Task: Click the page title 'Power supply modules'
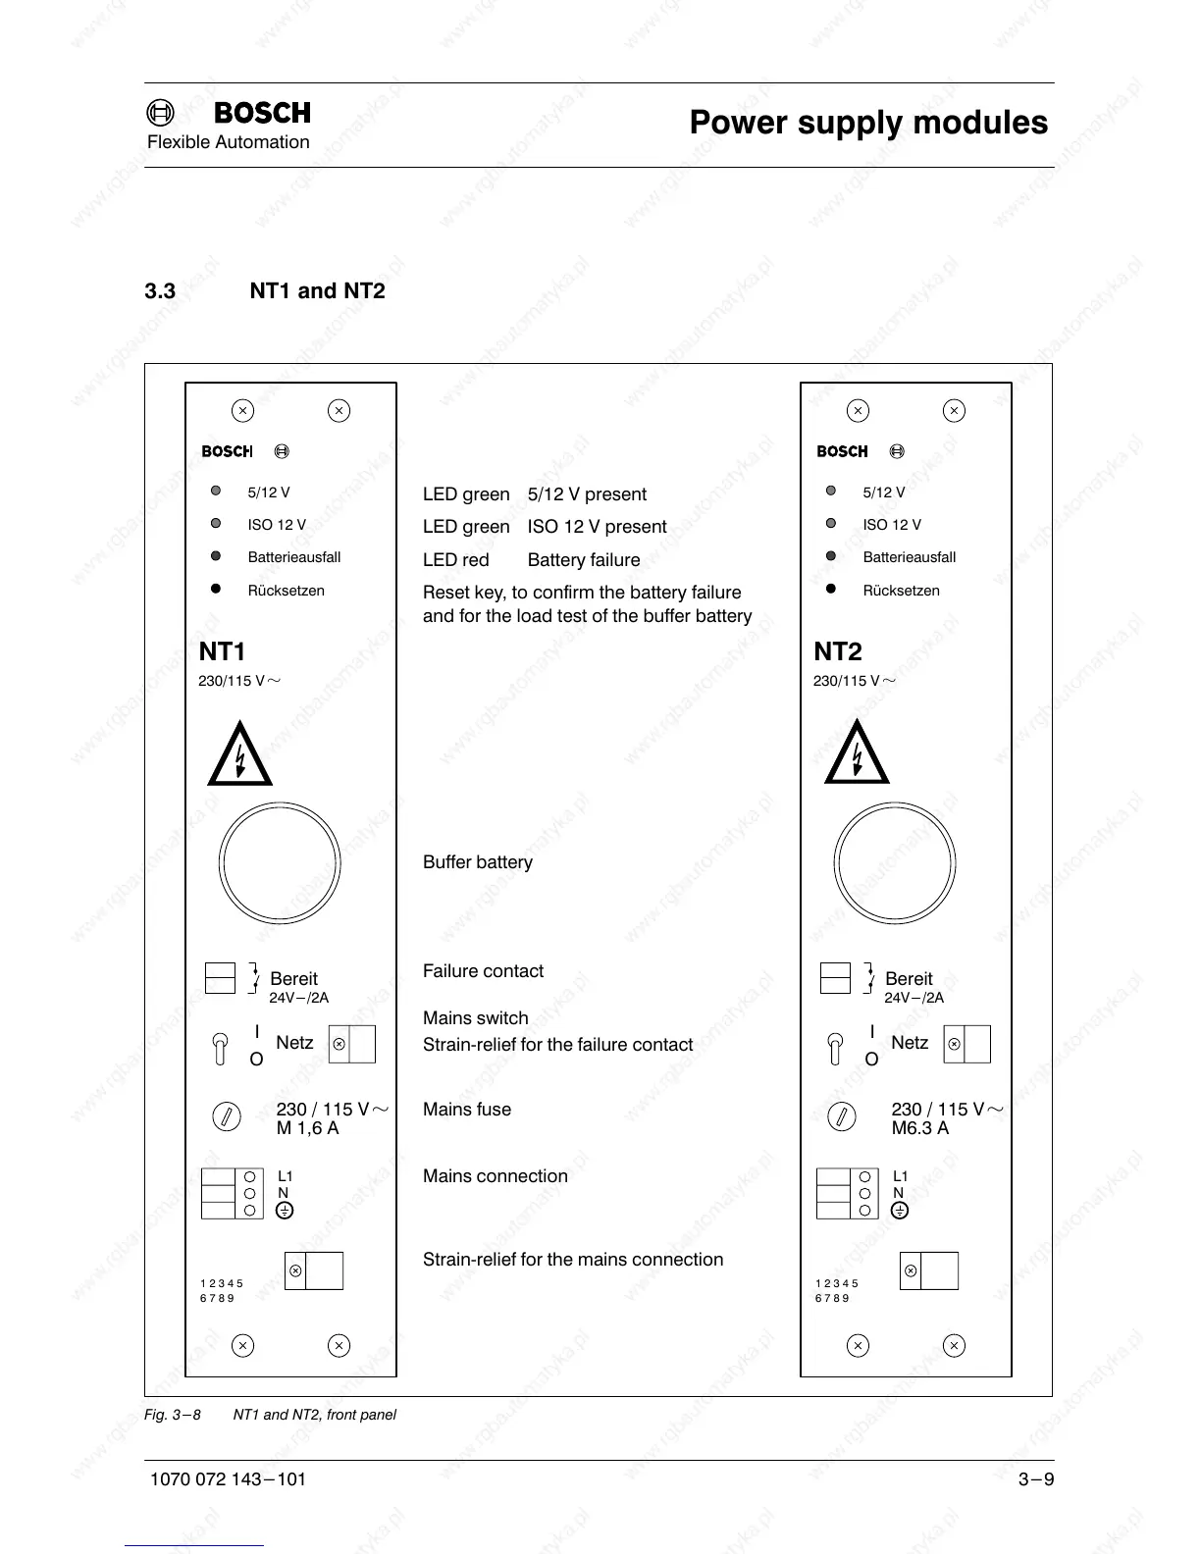868,123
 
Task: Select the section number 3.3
160,291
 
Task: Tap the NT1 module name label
222,651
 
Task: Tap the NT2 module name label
838,651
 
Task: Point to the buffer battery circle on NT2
894,864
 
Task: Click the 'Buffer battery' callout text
478,862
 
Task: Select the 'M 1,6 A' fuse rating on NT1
307,1128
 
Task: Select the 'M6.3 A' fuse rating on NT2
919,1128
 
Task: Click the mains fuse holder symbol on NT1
227,1116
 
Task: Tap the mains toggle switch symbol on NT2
835,1048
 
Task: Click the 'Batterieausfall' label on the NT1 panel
294,557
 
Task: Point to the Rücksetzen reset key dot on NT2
831,589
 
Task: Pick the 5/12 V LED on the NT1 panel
216,491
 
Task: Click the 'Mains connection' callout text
496,1176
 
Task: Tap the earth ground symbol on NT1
285,1211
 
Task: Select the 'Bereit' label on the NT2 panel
909,979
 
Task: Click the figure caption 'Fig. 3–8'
173,1415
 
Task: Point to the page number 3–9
1035,1479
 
